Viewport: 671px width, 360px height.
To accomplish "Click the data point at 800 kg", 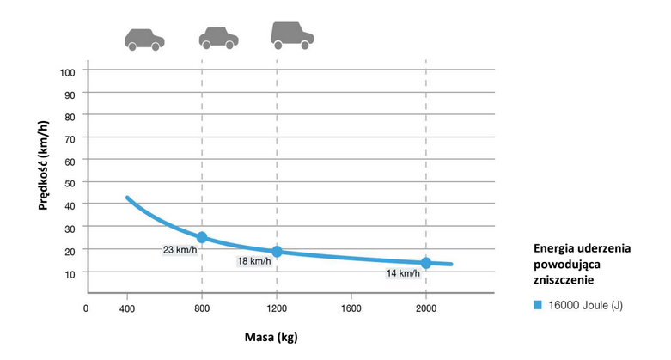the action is [202, 237].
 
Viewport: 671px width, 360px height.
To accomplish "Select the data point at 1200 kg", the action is [277, 252].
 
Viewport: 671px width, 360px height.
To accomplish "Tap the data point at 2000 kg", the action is [426, 263].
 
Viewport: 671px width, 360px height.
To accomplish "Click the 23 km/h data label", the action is [180, 249].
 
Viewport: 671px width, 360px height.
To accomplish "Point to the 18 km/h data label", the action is [254, 261].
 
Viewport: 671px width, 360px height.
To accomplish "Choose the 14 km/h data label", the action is [403, 273].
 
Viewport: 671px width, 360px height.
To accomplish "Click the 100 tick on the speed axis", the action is [68, 72].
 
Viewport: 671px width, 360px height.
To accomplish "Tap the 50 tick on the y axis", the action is [70, 183].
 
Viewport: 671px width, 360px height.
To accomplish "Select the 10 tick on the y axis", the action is [70, 274].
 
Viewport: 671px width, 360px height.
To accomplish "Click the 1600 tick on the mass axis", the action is [351, 308].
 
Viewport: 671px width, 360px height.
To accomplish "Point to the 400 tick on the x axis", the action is [127, 308].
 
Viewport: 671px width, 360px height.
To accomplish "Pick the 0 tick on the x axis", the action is [86, 308].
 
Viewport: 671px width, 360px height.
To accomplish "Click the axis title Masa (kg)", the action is [271, 338].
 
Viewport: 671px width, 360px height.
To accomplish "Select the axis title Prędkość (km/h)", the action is [43, 165].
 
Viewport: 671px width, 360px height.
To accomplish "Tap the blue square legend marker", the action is [538, 305].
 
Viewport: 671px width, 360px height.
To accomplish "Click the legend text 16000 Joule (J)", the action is [585, 305].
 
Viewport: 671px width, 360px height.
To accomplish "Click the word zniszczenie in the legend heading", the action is [564, 280].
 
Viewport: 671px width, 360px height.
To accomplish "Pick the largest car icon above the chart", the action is [292, 35].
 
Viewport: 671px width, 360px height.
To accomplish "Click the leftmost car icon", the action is [144, 40].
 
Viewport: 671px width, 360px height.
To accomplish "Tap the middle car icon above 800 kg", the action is [219, 39].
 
